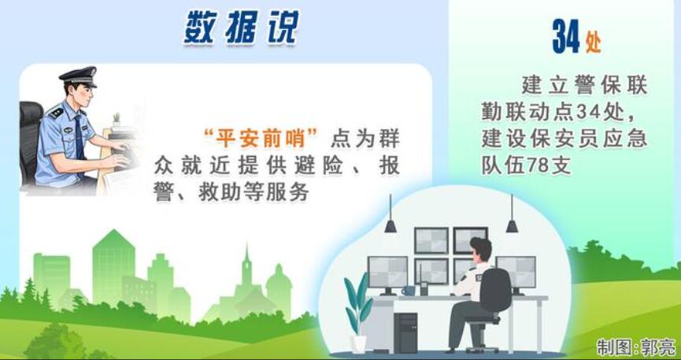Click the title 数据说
click(x=242, y=27)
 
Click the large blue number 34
click(x=566, y=36)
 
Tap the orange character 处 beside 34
click(x=594, y=43)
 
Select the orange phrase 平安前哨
click(x=261, y=139)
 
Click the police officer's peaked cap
click(x=79, y=76)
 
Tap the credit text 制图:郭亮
click(x=636, y=347)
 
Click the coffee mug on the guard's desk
click(x=409, y=290)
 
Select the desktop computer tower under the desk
click(x=405, y=332)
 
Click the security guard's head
click(x=481, y=250)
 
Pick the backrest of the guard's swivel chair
click(x=495, y=290)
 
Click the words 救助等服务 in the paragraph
click(x=254, y=192)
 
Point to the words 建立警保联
click(x=585, y=85)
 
